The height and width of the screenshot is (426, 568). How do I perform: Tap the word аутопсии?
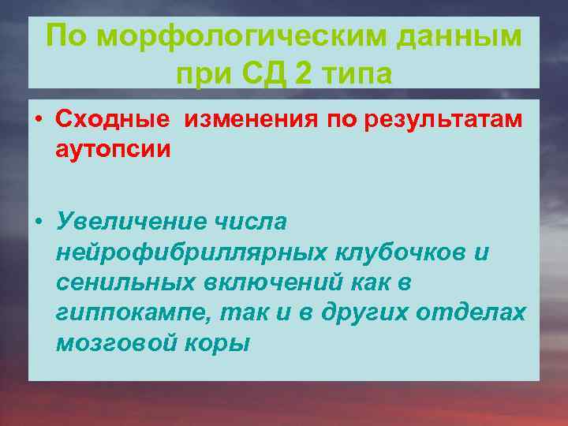point(113,148)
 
